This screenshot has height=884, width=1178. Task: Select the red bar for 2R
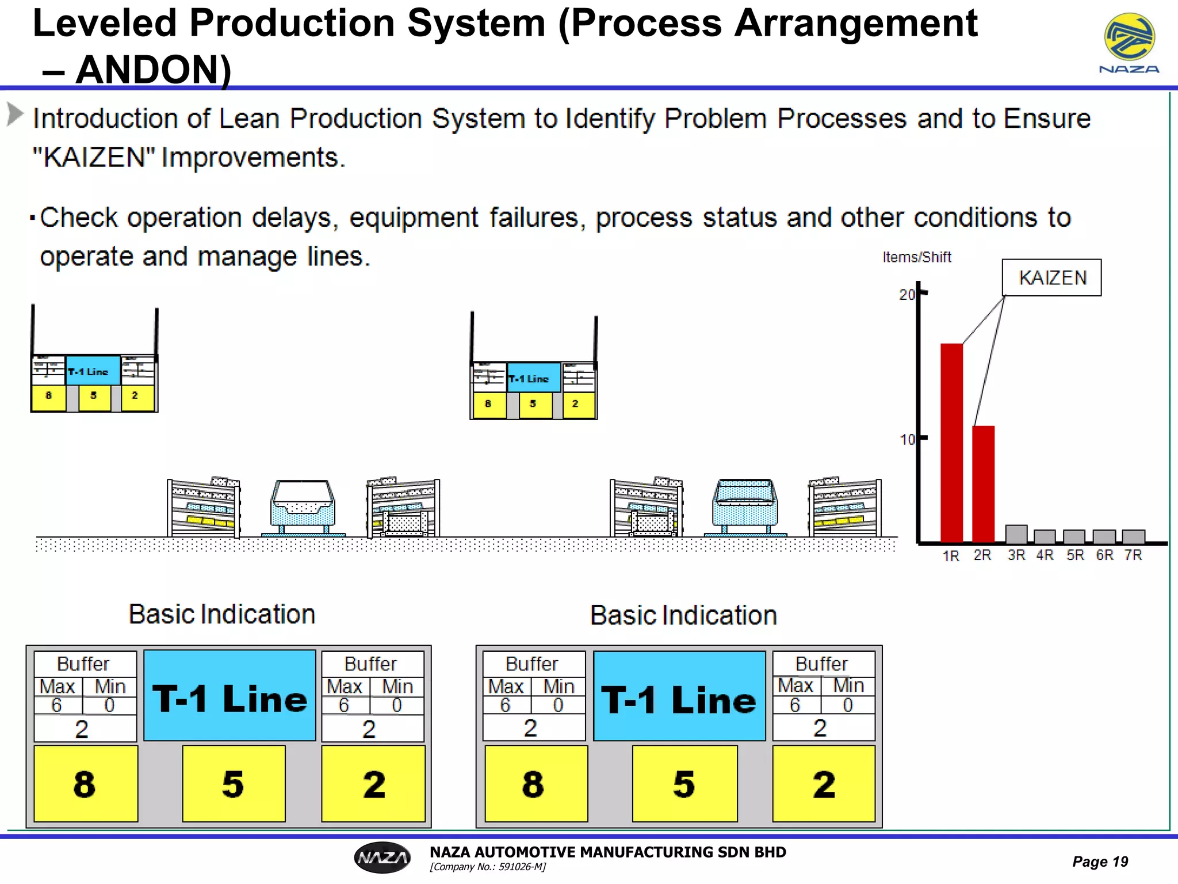tap(983, 483)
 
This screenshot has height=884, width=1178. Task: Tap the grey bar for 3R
tap(1016, 534)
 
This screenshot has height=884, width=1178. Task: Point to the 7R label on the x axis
tap(1133, 555)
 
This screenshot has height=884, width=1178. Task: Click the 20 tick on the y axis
tap(907, 295)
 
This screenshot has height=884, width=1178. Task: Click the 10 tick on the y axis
tap(907, 440)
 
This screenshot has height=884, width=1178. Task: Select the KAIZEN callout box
tap(1051, 277)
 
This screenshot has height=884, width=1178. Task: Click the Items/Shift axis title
tap(917, 257)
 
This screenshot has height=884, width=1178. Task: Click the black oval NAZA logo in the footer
tap(383, 858)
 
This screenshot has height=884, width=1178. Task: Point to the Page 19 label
tap(1100, 862)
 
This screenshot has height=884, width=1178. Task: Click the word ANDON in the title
tap(153, 70)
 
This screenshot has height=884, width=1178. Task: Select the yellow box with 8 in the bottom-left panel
tap(85, 783)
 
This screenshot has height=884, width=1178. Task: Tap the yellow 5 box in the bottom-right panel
tap(684, 783)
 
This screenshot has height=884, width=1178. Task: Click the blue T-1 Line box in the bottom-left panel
tap(230, 696)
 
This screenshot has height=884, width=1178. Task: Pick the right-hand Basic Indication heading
tap(683, 615)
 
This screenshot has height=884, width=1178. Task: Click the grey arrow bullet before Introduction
tap(15, 114)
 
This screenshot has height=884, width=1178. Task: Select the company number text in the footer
tap(488, 867)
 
